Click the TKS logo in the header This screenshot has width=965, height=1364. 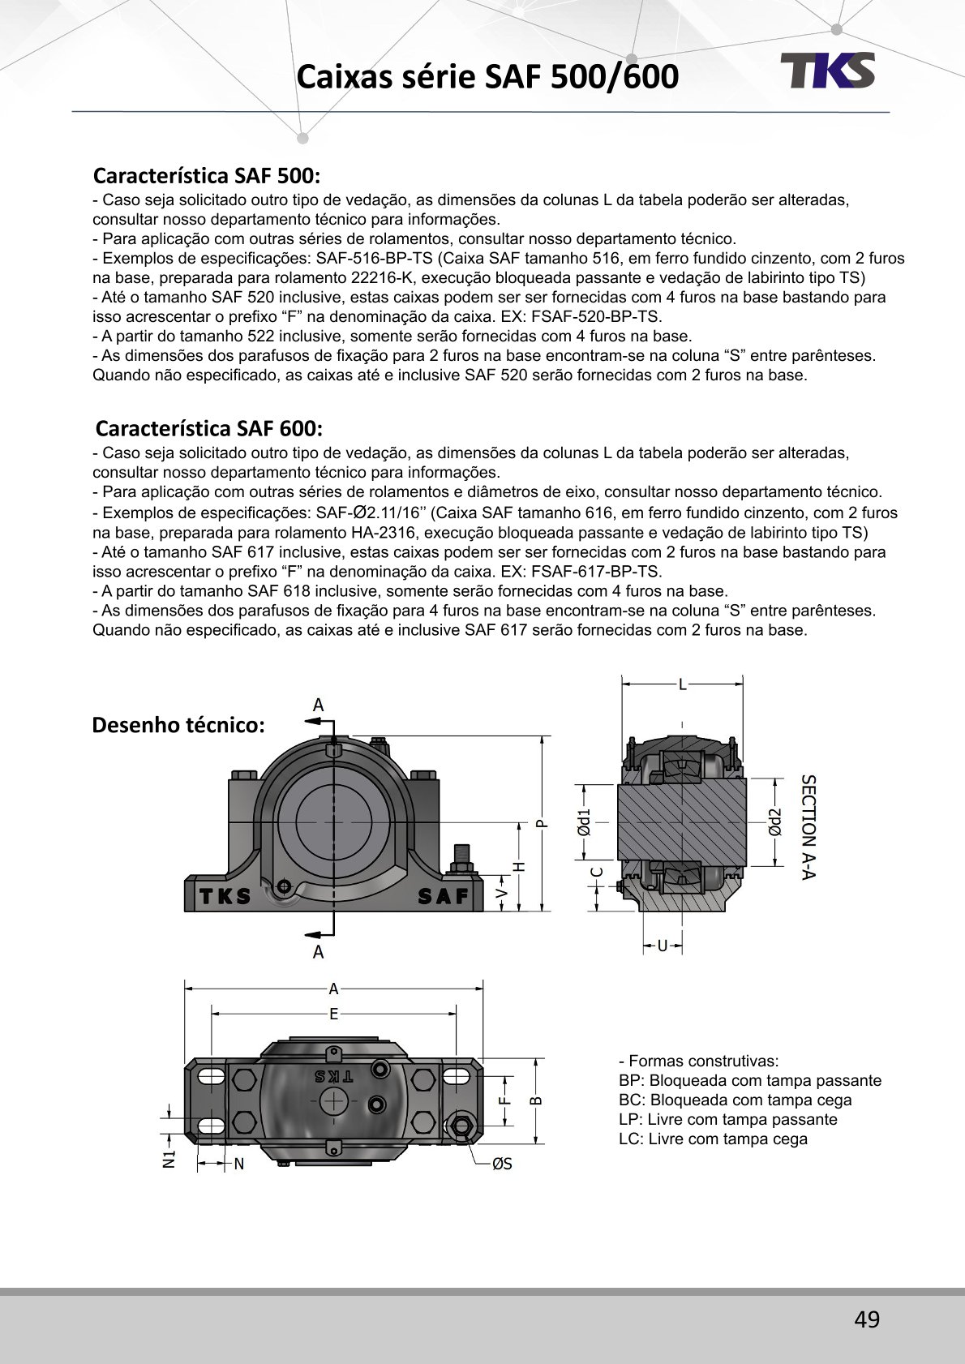point(828,71)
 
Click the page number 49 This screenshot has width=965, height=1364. point(866,1320)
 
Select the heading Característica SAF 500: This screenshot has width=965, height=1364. point(207,175)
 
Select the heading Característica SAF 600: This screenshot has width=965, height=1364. point(208,428)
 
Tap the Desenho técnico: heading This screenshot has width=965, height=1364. point(178,725)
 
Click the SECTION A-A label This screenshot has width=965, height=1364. point(808,827)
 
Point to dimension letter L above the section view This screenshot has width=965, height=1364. point(683,685)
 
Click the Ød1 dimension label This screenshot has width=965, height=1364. point(584,822)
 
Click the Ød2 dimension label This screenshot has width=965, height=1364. point(775,822)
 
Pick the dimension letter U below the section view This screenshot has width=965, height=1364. point(663,946)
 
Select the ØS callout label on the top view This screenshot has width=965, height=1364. point(502,1165)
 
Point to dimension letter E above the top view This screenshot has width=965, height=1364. point(333,1014)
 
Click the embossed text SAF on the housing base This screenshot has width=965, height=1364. point(444,896)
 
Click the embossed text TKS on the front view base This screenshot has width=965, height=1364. point(225,896)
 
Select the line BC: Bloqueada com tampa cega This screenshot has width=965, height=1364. point(735,1100)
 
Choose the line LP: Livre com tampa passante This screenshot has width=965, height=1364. point(727,1120)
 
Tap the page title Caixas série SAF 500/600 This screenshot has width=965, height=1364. point(487,77)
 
